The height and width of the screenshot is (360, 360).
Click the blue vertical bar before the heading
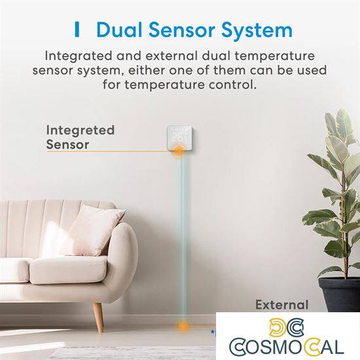pyautogui.click(x=77, y=30)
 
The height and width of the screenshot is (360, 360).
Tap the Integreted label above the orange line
pyautogui.click(x=80, y=130)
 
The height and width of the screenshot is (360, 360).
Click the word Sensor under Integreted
pyautogui.click(x=68, y=144)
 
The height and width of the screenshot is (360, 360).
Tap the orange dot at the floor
pyautogui.click(x=184, y=325)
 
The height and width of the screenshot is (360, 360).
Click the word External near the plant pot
pyautogui.click(x=281, y=304)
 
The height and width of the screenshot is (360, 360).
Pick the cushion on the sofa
pyautogui.click(x=93, y=230)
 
